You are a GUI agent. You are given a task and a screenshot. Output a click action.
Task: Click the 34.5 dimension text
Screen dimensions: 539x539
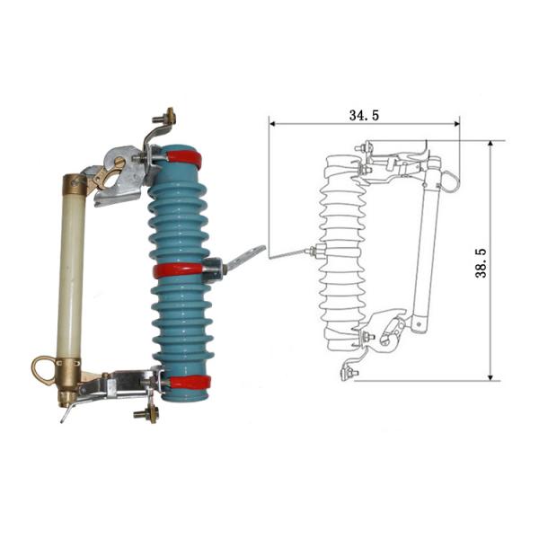pyautogui.click(x=363, y=114)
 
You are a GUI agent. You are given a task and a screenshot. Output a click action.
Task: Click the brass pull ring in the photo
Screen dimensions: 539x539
pyautogui.click(x=42, y=368)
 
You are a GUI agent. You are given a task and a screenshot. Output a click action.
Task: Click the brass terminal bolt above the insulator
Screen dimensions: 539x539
pyautogui.click(x=165, y=118)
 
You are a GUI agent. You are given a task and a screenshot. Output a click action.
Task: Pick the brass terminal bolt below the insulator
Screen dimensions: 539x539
pyautogui.click(x=144, y=414)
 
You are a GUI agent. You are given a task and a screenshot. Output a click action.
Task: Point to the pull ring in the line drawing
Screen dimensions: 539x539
pyautogui.click(x=449, y=181)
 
